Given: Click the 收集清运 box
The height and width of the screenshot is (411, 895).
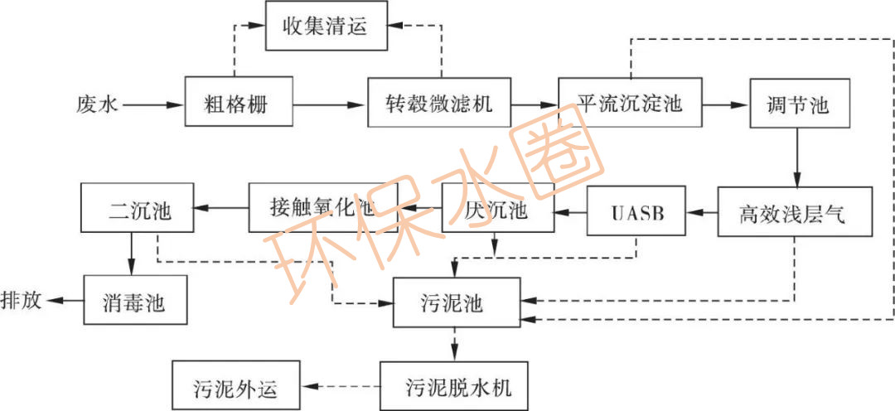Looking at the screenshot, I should pos(327,27).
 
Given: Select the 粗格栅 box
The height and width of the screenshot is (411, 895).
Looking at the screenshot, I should pos(239,104).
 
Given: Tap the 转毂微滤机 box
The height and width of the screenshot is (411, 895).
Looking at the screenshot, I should pos(439,104).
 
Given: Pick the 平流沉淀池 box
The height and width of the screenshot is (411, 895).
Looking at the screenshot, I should pos(630,104).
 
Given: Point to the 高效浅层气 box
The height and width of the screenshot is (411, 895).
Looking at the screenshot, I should pos(796,212).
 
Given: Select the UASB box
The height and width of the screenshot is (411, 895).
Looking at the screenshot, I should pos(637,212).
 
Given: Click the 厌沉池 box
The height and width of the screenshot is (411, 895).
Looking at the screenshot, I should pos(496,209).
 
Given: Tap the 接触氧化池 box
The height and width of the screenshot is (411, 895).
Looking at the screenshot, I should pos(323,208).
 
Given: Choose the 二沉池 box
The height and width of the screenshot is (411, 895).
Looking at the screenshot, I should pos(137,208).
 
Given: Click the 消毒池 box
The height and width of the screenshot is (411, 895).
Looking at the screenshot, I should pos(135,300).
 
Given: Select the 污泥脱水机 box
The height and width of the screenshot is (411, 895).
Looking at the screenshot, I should pos(454,386).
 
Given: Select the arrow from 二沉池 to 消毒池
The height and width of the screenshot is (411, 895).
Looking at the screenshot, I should pos(131,253).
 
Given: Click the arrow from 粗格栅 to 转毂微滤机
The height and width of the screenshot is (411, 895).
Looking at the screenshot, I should pos(331,104).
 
